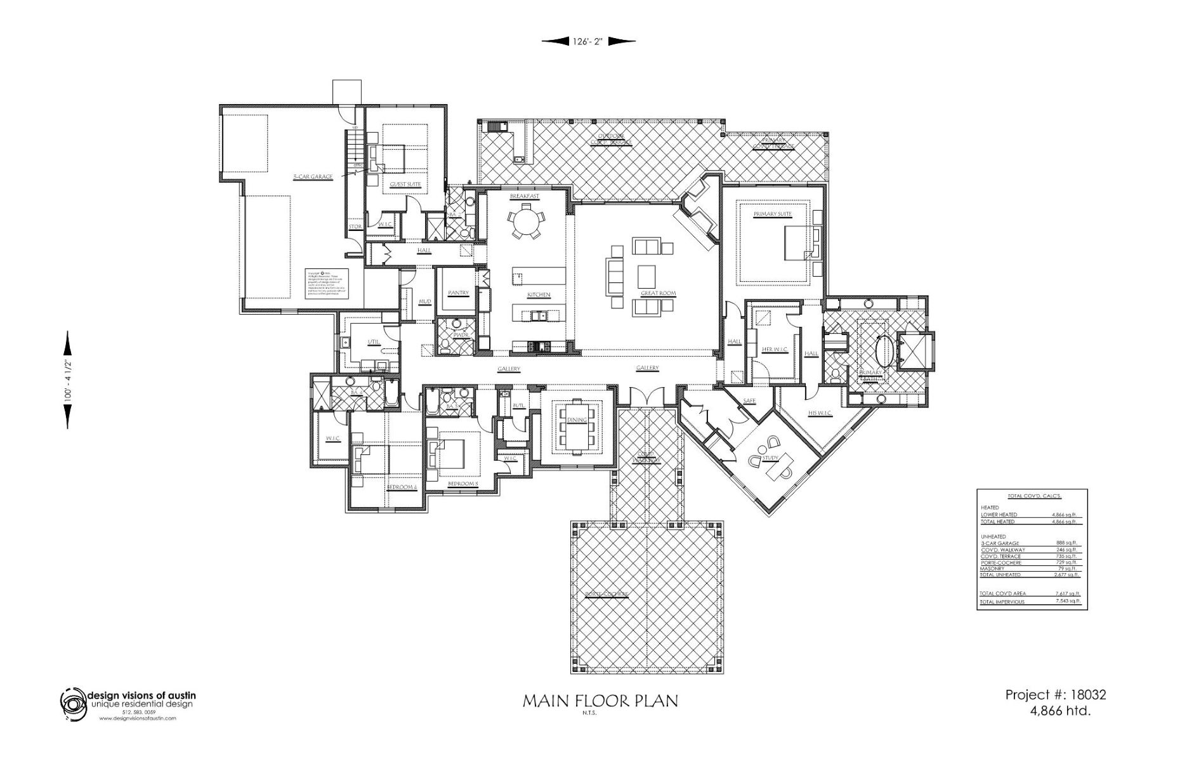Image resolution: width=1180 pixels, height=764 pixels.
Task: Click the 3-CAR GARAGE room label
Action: tap(312, 177)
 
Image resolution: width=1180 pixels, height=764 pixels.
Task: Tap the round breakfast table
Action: tap(525, 221)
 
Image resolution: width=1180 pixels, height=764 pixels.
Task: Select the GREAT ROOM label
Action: tap(658, 294)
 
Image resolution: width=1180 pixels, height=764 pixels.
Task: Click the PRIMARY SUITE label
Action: tap(772, 214)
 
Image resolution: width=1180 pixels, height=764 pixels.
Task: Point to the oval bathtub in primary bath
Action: tap(883, 350)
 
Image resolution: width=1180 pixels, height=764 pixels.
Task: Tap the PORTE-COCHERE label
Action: tap(606, 595)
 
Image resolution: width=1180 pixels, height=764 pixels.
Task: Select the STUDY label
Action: tap(770, 458)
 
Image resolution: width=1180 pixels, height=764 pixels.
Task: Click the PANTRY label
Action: tap(457, 293)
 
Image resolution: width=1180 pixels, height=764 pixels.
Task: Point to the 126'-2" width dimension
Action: tap(587, 41)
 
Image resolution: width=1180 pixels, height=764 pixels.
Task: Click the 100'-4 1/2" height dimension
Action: tap(67, 381)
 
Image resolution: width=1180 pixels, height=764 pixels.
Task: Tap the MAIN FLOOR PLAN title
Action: tap(600, 701)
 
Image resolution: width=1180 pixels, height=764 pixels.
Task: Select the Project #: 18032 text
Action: tap(1056, 695)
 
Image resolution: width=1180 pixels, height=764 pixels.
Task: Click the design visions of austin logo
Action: tap(73, 705)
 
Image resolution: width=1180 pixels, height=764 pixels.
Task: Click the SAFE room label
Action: tap(749, 401)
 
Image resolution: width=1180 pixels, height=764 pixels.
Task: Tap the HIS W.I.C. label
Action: tap(820, 413)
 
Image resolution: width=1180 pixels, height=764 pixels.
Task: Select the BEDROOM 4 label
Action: tap(402, 488)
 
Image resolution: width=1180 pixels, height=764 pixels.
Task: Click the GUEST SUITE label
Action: tap(405, 184)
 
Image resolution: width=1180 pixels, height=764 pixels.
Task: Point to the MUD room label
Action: tap(424, 301)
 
